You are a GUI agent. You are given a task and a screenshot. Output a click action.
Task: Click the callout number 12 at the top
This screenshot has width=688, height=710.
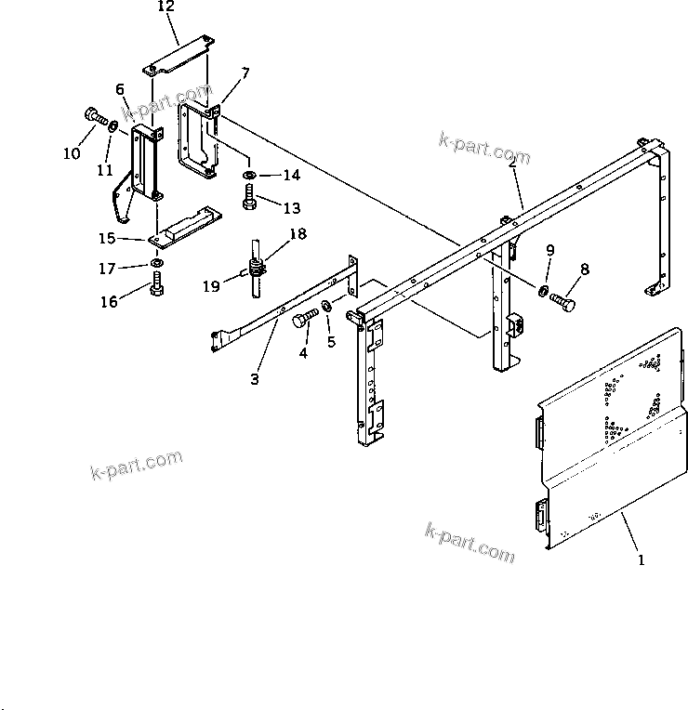click(x=165, y=7)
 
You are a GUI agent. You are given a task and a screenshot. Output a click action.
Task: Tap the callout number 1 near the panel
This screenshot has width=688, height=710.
click(x=640, y=560)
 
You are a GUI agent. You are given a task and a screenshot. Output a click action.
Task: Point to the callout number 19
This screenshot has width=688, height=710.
click(x=212, y=287)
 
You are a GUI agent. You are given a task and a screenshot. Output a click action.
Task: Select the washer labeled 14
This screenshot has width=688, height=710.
click(x=249, y=175)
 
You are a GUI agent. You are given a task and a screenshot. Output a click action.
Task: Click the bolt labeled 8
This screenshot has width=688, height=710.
click(x=562, y=302)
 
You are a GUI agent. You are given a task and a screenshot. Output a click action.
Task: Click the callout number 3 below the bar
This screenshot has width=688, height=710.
click(x=254, y=378)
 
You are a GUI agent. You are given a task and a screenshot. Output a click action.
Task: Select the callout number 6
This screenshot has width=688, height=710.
click(x=120, y=89)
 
